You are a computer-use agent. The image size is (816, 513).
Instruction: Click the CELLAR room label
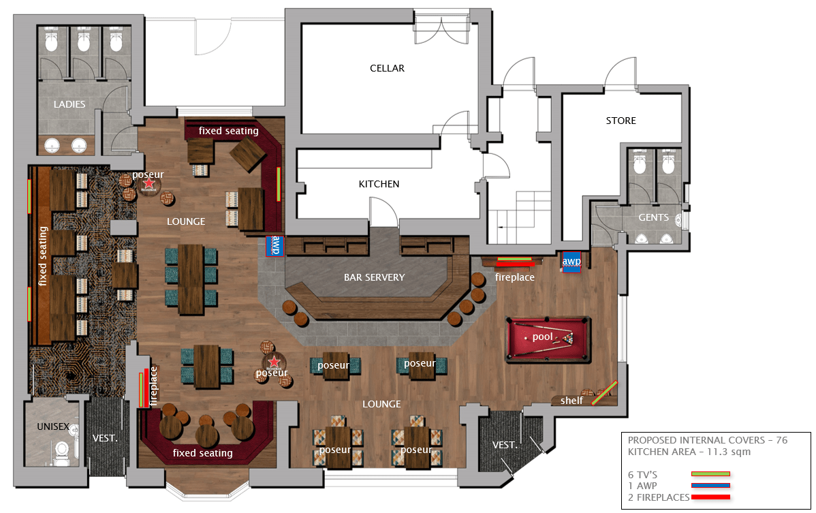(387, 68)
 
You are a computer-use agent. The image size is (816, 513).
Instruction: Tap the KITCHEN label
(379, 184)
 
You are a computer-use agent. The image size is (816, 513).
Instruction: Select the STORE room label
(621, 121)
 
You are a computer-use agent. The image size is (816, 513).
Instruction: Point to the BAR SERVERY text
(374, 277)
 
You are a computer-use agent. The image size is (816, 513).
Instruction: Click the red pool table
(548, 339)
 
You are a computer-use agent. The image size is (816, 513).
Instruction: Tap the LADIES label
(69, 104)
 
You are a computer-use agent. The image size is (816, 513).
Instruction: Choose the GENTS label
(654, 217)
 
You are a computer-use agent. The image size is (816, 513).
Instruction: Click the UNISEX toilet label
(53, 426)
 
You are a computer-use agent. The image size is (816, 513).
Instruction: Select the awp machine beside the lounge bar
(274, 245)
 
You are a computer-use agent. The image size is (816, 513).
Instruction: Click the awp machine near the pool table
(571, 262)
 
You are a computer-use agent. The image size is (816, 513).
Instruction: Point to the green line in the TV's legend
(710, 474)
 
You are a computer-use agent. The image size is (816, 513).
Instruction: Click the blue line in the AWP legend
(710, 486)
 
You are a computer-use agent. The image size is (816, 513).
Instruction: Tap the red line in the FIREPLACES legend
(710, 497)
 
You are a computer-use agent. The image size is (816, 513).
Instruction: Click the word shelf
(571, 401)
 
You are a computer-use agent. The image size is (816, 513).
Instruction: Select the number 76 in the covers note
(782, 440)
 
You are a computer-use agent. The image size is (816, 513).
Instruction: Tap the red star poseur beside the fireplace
(274, 362)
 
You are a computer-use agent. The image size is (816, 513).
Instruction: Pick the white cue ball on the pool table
(526, 338)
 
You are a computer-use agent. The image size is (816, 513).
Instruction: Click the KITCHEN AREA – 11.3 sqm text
(689, 452)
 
